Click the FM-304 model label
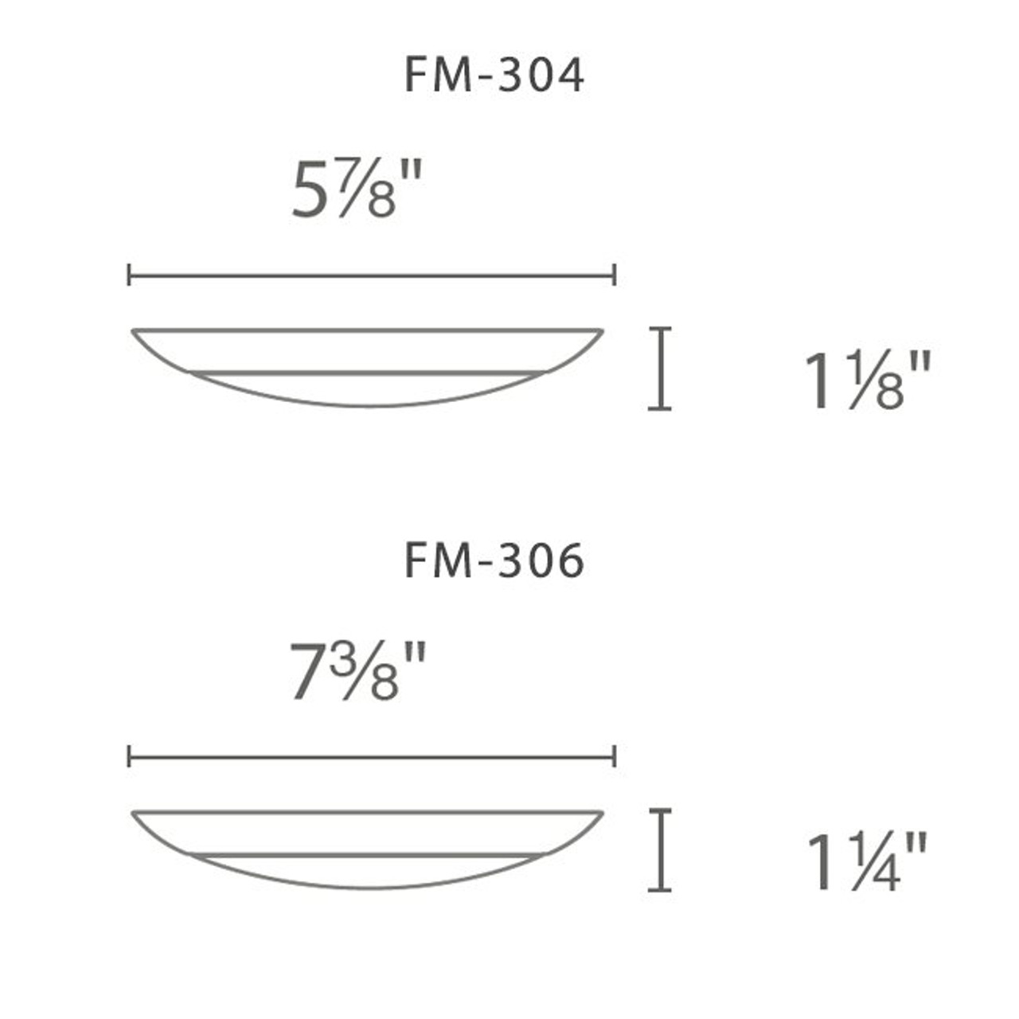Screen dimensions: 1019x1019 (x=494, y=76)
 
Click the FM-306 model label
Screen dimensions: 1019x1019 (x=494, y=560)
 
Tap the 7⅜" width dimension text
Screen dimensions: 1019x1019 (x=357, y=673)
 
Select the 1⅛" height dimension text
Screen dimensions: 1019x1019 (x=867, y=381)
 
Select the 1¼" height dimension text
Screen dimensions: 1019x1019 (x=867, y=863)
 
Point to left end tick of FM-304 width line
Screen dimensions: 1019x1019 (x=129, y=275)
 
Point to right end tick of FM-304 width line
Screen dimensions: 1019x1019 (x=614, y=275)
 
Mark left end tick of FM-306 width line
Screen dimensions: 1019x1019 (x=129, y=757)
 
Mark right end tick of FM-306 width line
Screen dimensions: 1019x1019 (x=614, y=757)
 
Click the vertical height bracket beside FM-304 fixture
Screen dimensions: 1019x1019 (x=659, y=368)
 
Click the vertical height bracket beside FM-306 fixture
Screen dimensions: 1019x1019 (x=659, y=849)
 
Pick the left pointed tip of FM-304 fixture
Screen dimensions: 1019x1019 (x=134, y=330)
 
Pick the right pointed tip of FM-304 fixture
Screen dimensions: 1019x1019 (x=601, y=330)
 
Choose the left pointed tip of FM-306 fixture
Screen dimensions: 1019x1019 (x=134, y=813)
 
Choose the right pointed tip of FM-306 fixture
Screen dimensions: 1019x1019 (x=601, y=813)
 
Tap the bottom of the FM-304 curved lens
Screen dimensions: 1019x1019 (x=368, y=406)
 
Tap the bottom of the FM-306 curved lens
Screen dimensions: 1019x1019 (x=368, y=888)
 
